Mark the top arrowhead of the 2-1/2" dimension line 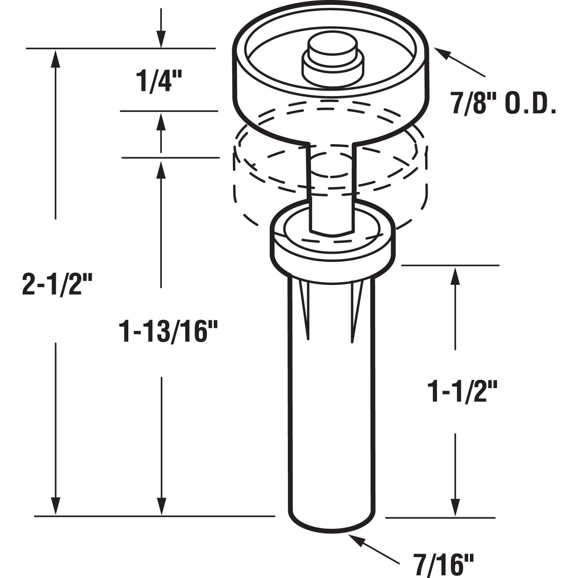56,58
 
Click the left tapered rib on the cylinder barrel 304,308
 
